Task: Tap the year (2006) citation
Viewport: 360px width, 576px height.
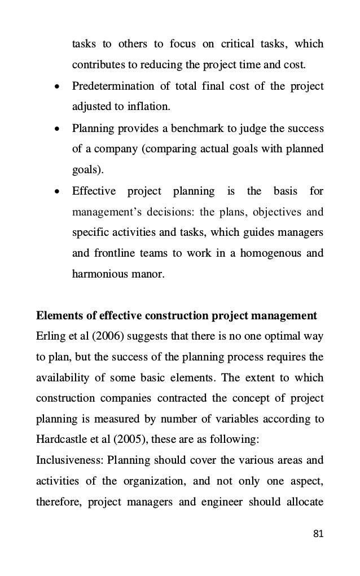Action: tap(103, 337)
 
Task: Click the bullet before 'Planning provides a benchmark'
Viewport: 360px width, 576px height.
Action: tap(56, 129)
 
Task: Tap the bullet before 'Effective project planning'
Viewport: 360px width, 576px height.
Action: tap(56, 192)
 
